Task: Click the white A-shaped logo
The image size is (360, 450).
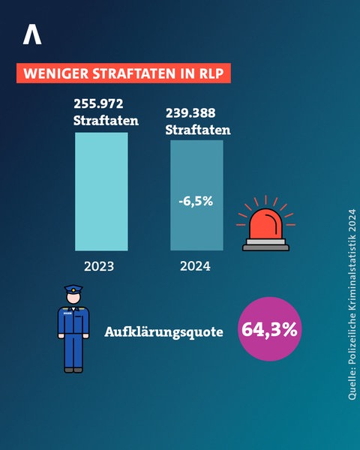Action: (32, 34)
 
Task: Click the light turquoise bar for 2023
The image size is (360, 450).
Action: (101, 191)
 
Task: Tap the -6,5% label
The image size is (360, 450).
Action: (196, 202)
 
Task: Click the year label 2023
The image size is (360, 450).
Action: (101, 266)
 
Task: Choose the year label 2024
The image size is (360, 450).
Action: (196, 266)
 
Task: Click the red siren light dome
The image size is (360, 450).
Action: (265, 223)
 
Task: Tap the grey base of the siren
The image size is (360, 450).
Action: (265, 244)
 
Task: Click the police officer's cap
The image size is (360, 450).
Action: (73, 289)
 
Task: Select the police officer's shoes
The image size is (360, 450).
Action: (73, 369)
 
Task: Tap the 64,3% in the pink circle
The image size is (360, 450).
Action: (269, 329)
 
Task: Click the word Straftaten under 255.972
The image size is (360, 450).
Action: (101, 120)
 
